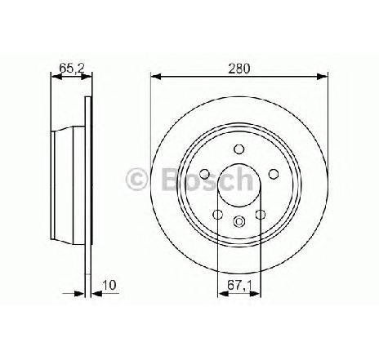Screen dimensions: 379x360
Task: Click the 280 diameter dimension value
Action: (239, 69)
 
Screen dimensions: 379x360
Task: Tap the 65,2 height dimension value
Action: (71, 69)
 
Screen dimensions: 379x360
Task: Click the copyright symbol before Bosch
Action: (136, 179)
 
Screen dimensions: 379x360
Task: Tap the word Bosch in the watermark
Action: (207, 178)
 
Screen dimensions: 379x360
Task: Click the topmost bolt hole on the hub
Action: (239, 149)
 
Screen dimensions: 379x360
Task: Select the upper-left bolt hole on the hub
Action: (205, 174)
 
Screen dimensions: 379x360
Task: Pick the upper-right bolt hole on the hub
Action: (274, 174)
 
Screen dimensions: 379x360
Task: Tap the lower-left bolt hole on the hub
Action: (218, 215)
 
